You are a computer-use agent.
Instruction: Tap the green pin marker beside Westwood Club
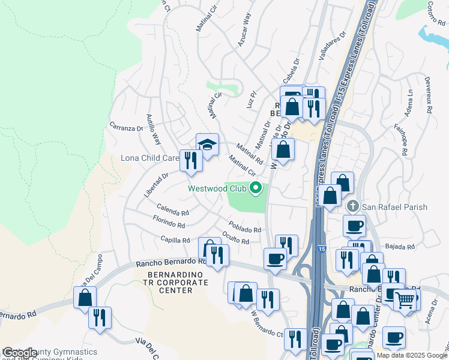pyautogui.click(x=256, y=188)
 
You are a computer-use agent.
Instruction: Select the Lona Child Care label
pyautogui.click(x=150, y=158)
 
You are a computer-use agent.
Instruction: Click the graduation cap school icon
pyautogui.click(x=207, y=145)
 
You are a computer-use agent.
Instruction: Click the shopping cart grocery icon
pyautogui.click(x=405, y=299)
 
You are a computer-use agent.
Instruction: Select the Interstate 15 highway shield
pyautogui.click(x=322, y=247)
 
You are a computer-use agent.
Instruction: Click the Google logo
pyautogui.click(x=20, y=353)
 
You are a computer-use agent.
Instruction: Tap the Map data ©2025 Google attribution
pyautogui.click(x=411, y=355)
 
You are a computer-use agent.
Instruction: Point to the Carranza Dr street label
pyautogui.click(x=125, y=128)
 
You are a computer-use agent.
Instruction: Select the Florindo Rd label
pyautogui.click(x=169, y=223)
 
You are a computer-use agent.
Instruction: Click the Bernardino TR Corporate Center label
pyautogui.click(x=170, y=283)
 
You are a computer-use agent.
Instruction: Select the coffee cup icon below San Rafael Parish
pyautogui.click(x=354, y=226)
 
